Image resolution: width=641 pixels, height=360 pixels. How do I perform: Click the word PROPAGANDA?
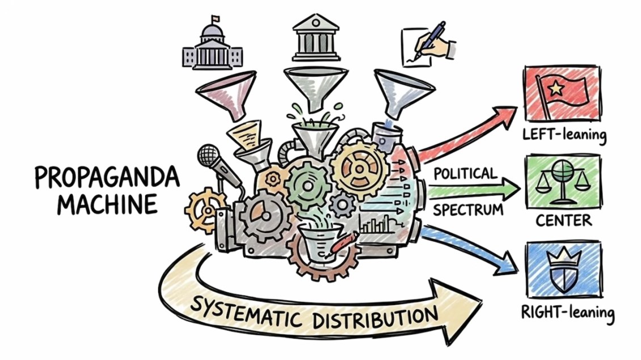pyautogui.click(x=108, y=177)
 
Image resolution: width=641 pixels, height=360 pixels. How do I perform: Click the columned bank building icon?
pyautogui.click(x=315, y=38)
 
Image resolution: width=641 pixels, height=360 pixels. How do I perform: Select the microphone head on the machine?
pyautogui.click(x=209, y=155)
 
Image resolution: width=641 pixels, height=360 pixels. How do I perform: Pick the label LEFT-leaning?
pyautogui.click(x=564, y=135)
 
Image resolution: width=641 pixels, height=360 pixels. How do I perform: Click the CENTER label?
pyautogui.click(x=563, y=221)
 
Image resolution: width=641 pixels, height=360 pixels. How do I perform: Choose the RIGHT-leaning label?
pyautogui.click(x=568, y=312)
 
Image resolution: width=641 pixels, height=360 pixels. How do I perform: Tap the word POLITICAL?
pyautogui.click(x=465, y=173)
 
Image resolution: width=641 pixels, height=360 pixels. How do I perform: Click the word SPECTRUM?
pyautogui.click(x=468, y=210)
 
